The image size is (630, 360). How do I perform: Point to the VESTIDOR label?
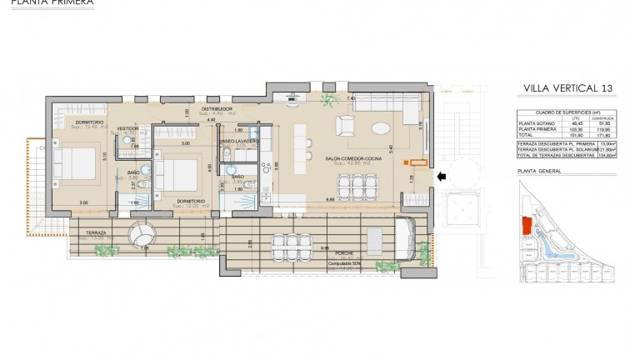pos(127,128)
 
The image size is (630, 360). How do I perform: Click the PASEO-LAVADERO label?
pos(239,142)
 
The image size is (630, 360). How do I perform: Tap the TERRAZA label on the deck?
pos(90,233)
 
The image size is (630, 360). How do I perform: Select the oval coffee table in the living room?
pos(379,128)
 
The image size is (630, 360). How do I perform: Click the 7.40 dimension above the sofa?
pos(352,98)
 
